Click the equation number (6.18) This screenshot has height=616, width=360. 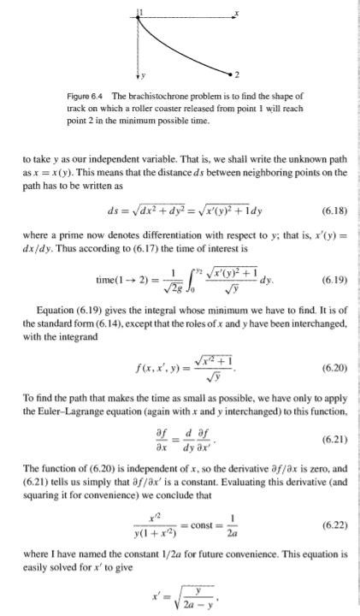[333, 208]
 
